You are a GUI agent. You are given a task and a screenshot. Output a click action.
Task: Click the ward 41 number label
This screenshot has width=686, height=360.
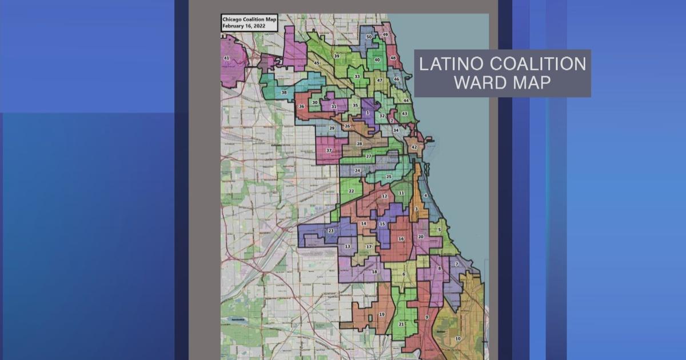point(227,58)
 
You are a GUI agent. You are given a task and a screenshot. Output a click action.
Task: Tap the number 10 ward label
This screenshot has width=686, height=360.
point(457,338)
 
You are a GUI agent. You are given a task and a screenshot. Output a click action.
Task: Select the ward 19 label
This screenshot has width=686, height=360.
point(382,314)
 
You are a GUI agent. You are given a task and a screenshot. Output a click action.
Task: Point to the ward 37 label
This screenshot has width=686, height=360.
point(329,150)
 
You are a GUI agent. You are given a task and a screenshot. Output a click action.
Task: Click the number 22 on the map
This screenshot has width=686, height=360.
point(352,191)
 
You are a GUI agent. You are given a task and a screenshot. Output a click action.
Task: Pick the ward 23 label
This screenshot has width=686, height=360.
point(330,231)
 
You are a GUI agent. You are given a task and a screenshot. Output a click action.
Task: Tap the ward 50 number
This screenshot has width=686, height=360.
point(369,37)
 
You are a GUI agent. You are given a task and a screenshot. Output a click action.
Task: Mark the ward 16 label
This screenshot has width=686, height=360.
point(401,238)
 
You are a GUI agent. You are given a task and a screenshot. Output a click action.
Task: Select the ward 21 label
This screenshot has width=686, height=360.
point(401,324)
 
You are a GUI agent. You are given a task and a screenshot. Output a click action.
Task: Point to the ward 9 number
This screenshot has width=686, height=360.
point(426,317)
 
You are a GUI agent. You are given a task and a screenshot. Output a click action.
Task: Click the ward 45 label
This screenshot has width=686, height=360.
point(317,63)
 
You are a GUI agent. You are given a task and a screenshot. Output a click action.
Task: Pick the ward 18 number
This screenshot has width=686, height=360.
point(374,272)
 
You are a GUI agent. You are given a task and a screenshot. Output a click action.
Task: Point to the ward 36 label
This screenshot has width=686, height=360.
point(301,107)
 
